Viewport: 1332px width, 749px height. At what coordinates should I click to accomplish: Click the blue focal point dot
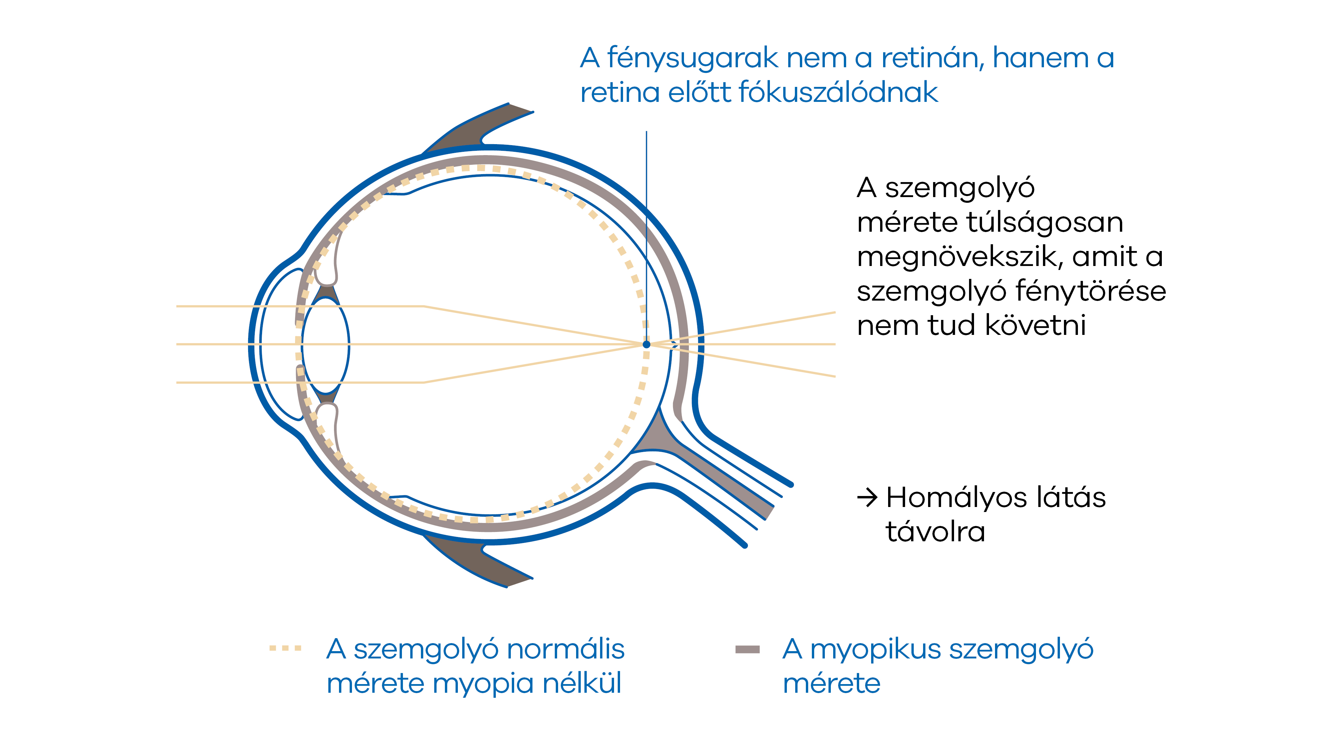coord(646,344)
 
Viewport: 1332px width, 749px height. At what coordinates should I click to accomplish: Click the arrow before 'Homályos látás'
coord(867,498)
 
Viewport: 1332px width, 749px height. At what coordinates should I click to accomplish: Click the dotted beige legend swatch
coord(285,648)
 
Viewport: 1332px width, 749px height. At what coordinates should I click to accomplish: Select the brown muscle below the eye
coord(478,561)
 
